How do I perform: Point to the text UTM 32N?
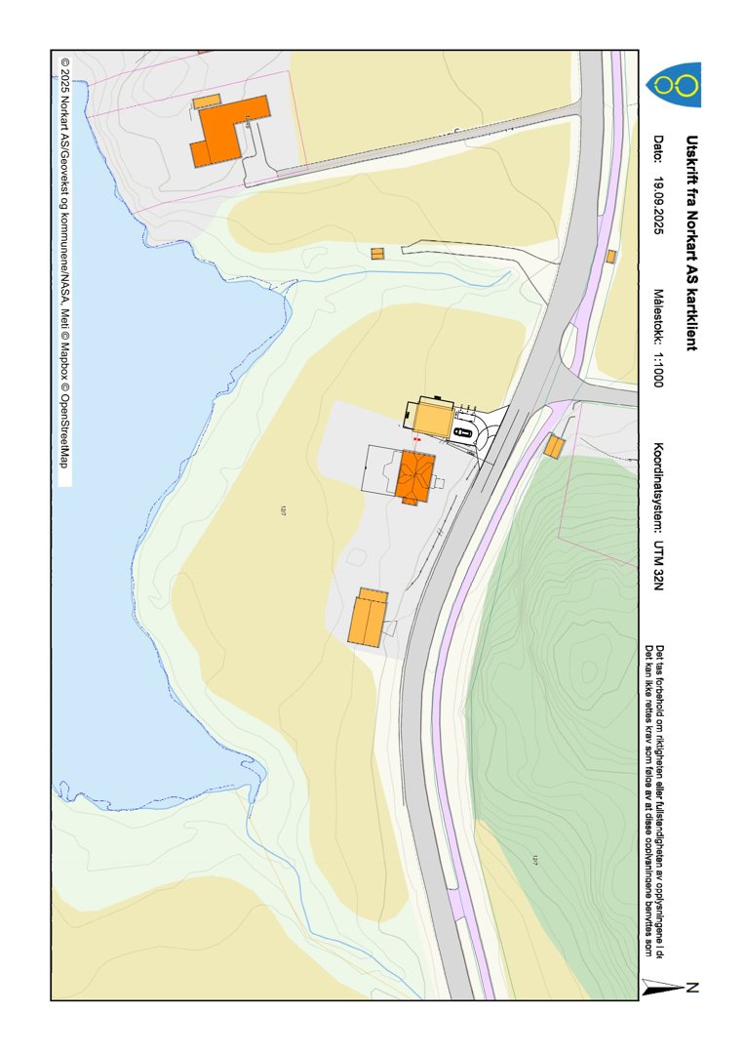click(659, 565)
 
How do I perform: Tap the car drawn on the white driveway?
click(464, 431)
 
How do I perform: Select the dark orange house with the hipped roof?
click(414, 476)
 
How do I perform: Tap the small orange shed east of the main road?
click(554, 447)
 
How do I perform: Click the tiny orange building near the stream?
click(377, 254)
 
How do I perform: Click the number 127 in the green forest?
click(535, 860)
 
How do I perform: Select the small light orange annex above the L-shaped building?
click(207, 101)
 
